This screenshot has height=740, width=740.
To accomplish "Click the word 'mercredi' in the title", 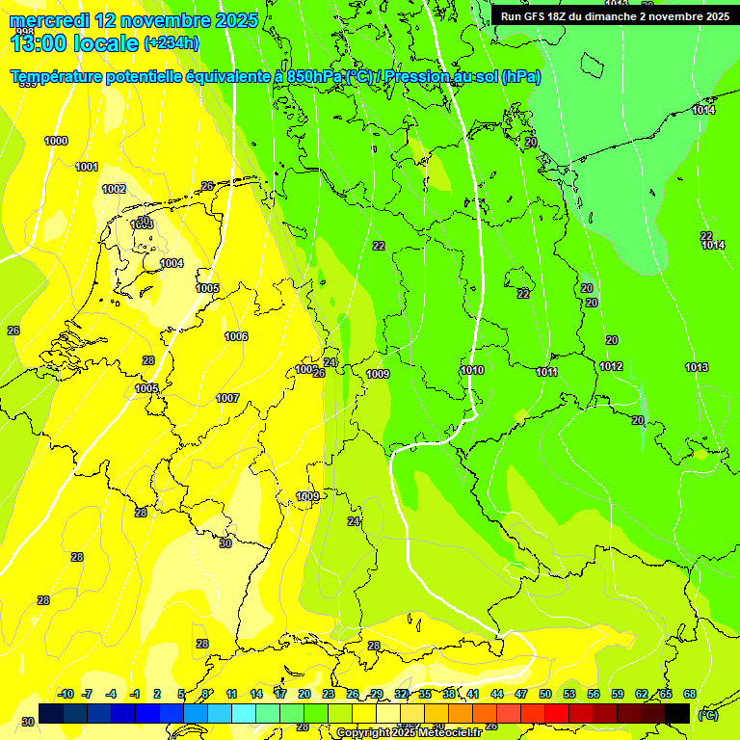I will pyautogui.click(x=50, y=20).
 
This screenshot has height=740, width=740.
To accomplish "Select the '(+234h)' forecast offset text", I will pyautogui.click(x=172, y=42).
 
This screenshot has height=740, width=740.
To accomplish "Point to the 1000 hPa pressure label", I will pyautogui.click(x=56, y=142).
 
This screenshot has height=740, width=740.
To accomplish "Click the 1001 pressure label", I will pyautogui.click(x=87, y=167).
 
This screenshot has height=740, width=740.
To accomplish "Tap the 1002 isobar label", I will pyautogui.click(x=114, y=189).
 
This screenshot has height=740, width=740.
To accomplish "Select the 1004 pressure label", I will pyautogui.click(x=172, y=263).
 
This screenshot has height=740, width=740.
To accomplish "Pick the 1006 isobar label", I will pyautogui.click(x=236, y=336).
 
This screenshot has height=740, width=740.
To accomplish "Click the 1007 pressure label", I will pyautogui.click(x=227, y=398).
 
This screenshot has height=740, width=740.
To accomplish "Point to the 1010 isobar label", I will pyautogui.click(x=472, y=370).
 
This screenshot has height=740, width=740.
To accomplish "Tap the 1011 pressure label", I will pyautogui.click(x=547, y=372).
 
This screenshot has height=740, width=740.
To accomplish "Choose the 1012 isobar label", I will pyautogui.click(x=611, y=366).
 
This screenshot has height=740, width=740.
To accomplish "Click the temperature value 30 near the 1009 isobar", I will pyautogui.click(x=225, y=543).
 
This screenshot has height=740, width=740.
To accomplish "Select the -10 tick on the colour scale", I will pyautogui.click(x=66, y=694).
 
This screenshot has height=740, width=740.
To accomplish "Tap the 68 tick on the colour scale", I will pyautogui.click(x=690, y=694).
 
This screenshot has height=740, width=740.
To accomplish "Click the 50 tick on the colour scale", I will pyautogui.click(x=545, y=694).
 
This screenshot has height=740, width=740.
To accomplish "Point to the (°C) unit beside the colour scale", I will pyautogui.click(x=707, y=714).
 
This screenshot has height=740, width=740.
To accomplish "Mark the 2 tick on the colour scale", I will pyautogui.click(x=158, y=694).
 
